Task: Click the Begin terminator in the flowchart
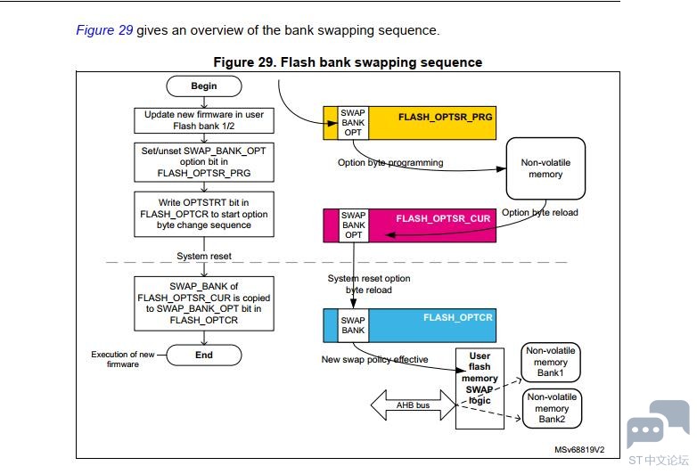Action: click(204, 86)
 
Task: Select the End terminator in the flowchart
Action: click(204, 355)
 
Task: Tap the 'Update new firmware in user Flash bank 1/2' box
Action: click(204, 120)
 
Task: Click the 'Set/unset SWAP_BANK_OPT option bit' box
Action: click(204, 162)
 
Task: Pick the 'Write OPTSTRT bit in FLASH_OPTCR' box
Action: click(204, 214)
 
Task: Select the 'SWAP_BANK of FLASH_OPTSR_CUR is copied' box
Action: click(204, 304)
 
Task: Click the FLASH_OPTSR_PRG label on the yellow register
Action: click(445, 118)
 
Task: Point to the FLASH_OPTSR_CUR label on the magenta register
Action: click(443, 218)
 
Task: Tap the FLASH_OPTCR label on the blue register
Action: click(458, 317)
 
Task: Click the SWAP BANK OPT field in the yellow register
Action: click(353, 123)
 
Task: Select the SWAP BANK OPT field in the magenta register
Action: click(353, 225)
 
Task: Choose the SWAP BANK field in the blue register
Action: click(353, 325)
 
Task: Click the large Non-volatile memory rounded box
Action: click(545, 168)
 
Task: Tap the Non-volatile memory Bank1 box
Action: click(551, 362)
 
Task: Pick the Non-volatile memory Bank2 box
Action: click(552, 408)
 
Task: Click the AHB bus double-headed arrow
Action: click(414, 405)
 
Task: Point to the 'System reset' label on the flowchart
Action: click(204, 257)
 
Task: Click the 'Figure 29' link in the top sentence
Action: click(104, 30)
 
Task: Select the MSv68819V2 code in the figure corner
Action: click(579, 450)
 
